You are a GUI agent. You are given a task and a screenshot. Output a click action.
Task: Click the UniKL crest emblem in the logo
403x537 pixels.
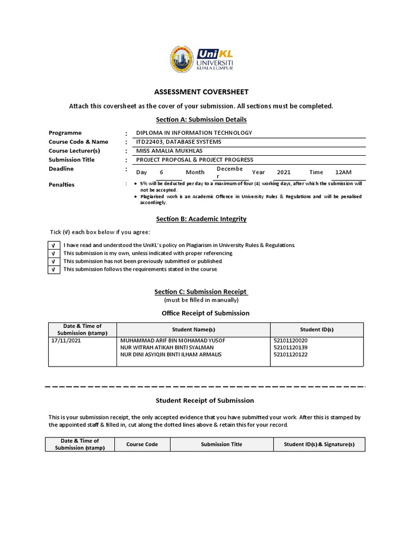[x=182, y=59]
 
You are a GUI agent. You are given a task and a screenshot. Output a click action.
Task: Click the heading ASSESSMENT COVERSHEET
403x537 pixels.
[x=201, y=92]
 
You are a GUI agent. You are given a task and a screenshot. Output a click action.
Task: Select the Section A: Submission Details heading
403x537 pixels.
[x=201, y=120]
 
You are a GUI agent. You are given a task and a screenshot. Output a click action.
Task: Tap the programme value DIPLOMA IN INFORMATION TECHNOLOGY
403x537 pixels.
[x=194, y=133]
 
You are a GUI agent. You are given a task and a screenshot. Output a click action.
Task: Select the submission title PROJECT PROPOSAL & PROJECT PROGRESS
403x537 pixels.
[x=195, y=159]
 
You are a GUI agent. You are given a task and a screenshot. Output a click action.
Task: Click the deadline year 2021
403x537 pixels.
[x=283, y=172]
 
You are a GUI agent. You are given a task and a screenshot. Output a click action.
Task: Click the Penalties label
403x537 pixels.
[x=61, y=185]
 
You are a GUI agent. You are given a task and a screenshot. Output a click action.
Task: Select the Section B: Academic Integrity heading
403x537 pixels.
[x=201, y=219]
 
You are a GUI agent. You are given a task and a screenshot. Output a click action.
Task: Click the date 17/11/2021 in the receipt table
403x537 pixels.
[x=66, y=340]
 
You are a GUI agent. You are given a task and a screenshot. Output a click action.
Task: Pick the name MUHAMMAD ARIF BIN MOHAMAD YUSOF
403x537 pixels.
[x=173, y=340]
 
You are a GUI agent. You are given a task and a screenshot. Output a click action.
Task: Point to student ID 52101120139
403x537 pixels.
[x=290, y=347]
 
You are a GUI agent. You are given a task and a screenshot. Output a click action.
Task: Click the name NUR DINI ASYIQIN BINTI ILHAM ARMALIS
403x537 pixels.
[x=171, y=355]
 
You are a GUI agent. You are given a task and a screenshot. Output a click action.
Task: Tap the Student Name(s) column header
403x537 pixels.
[x=194, y=329]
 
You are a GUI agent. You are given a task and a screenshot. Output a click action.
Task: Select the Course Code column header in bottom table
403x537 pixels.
[x=142, y=444]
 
